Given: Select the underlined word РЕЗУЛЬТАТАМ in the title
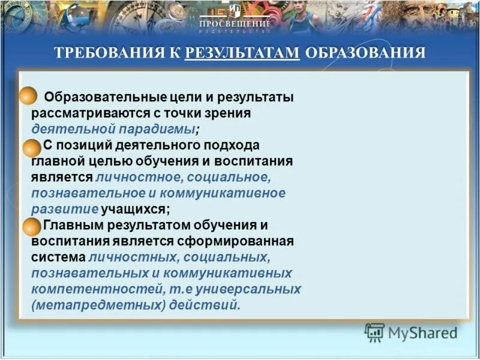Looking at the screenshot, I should tap(242, 53).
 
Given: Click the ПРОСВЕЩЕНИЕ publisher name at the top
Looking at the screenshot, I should tap(235, 23).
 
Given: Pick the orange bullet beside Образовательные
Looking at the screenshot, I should tap(29, 97).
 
